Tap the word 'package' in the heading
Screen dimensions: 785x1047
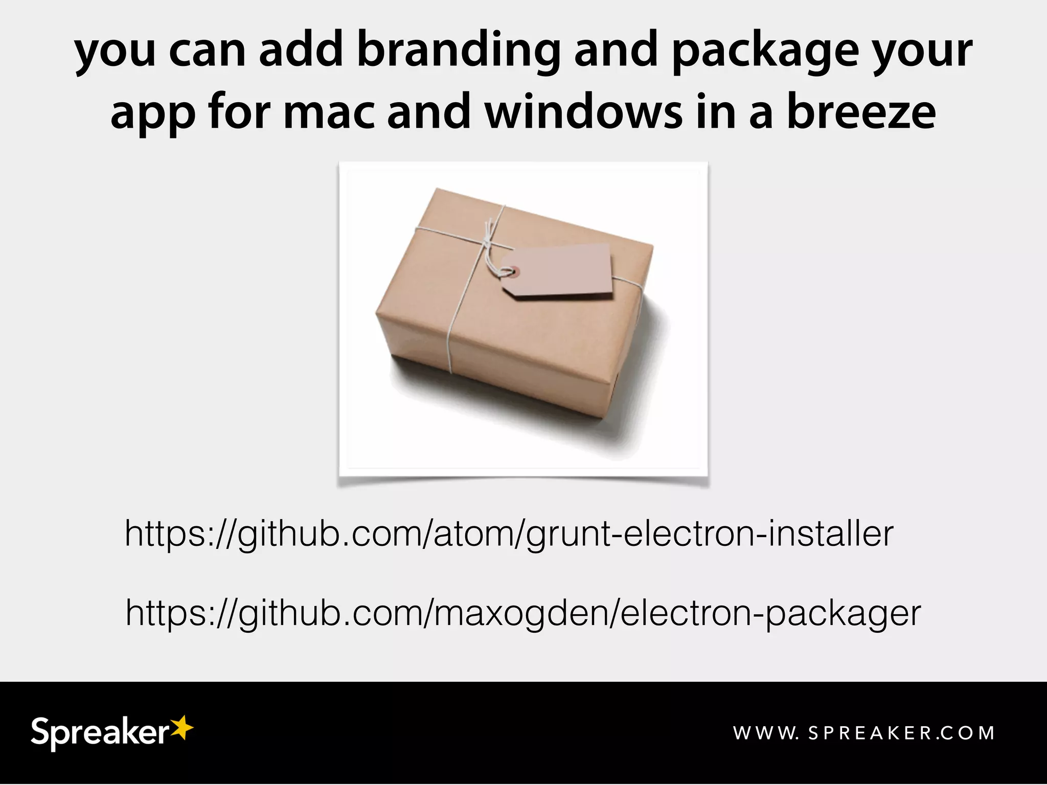765,51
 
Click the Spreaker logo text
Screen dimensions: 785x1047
99,733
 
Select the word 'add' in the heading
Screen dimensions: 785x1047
300,51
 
